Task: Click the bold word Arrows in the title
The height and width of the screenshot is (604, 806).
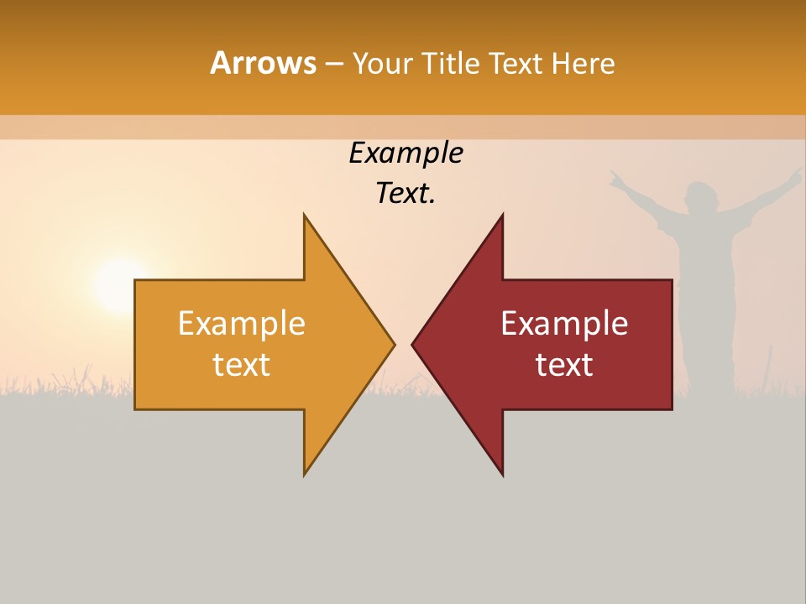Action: (x=263, y=63)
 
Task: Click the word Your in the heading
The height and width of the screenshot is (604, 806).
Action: (x=383, y=63)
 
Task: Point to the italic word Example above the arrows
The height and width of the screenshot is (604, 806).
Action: (x=406, y=153)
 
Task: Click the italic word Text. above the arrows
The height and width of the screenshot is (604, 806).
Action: (x=406, y=194)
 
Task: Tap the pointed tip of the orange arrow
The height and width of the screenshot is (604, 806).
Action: (x=391, y=343)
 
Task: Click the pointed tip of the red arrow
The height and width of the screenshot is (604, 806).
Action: (x=415, y=343)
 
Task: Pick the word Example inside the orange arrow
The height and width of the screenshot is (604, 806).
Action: (x=241, y=323)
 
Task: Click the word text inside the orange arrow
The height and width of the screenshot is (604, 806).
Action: (x=241, y=365)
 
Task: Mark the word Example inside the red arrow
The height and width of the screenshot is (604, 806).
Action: (x=564, y=323)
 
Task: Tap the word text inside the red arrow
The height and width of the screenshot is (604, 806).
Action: (x=564, y=365)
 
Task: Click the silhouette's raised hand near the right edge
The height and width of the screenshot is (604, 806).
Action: (x=793, y=175)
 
